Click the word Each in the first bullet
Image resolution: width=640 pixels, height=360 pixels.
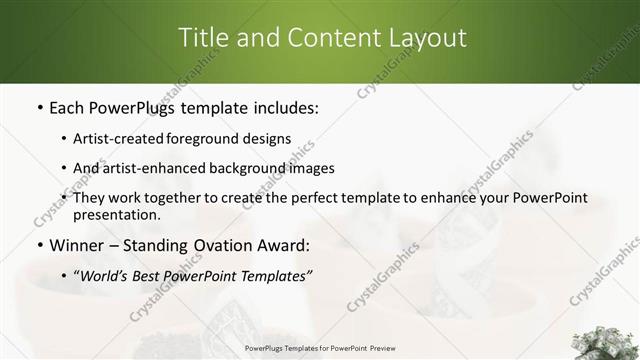pos(68,106)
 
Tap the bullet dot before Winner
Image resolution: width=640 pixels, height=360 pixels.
pos(38,245)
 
